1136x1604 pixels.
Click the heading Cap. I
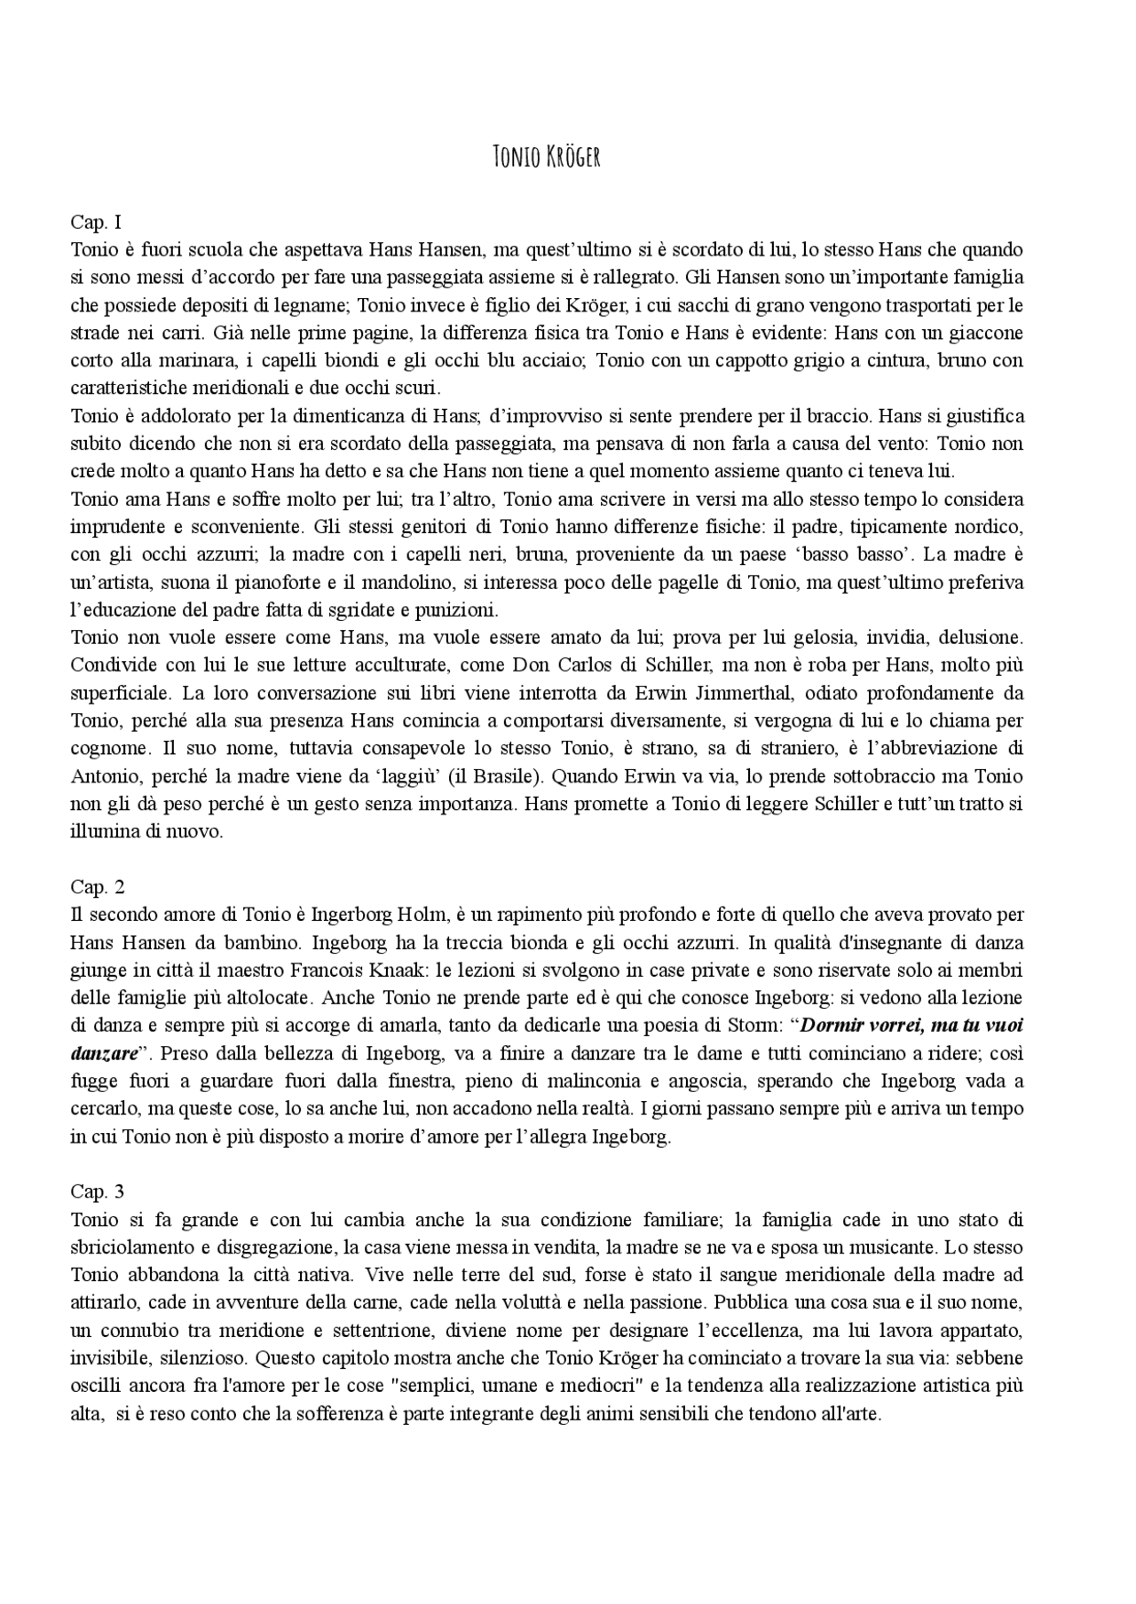pos(96,222)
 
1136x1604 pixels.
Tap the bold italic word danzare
pos(104,1053)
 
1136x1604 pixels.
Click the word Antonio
pos(106,775)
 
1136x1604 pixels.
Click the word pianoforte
pos(285,582)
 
